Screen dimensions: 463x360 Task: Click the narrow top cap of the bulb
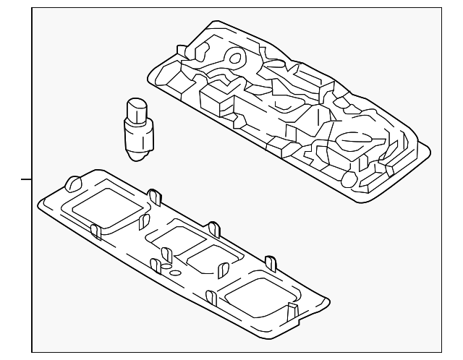[135, 108]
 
